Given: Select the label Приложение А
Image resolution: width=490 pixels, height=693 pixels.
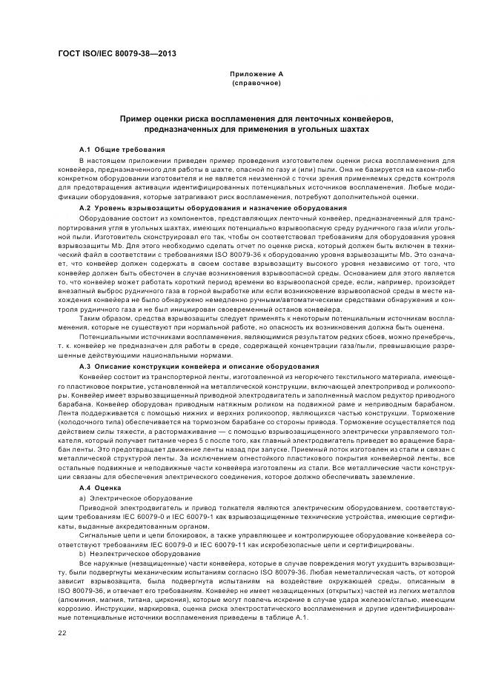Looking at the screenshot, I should click(x=256, y=75).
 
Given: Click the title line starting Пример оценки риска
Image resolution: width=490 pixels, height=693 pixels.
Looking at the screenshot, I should click(x=256, y=119).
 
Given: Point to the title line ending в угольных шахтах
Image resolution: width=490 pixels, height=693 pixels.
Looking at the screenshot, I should click(x=256, y=130).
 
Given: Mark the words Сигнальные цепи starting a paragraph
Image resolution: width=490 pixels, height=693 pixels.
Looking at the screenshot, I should click(x=107, y=535).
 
